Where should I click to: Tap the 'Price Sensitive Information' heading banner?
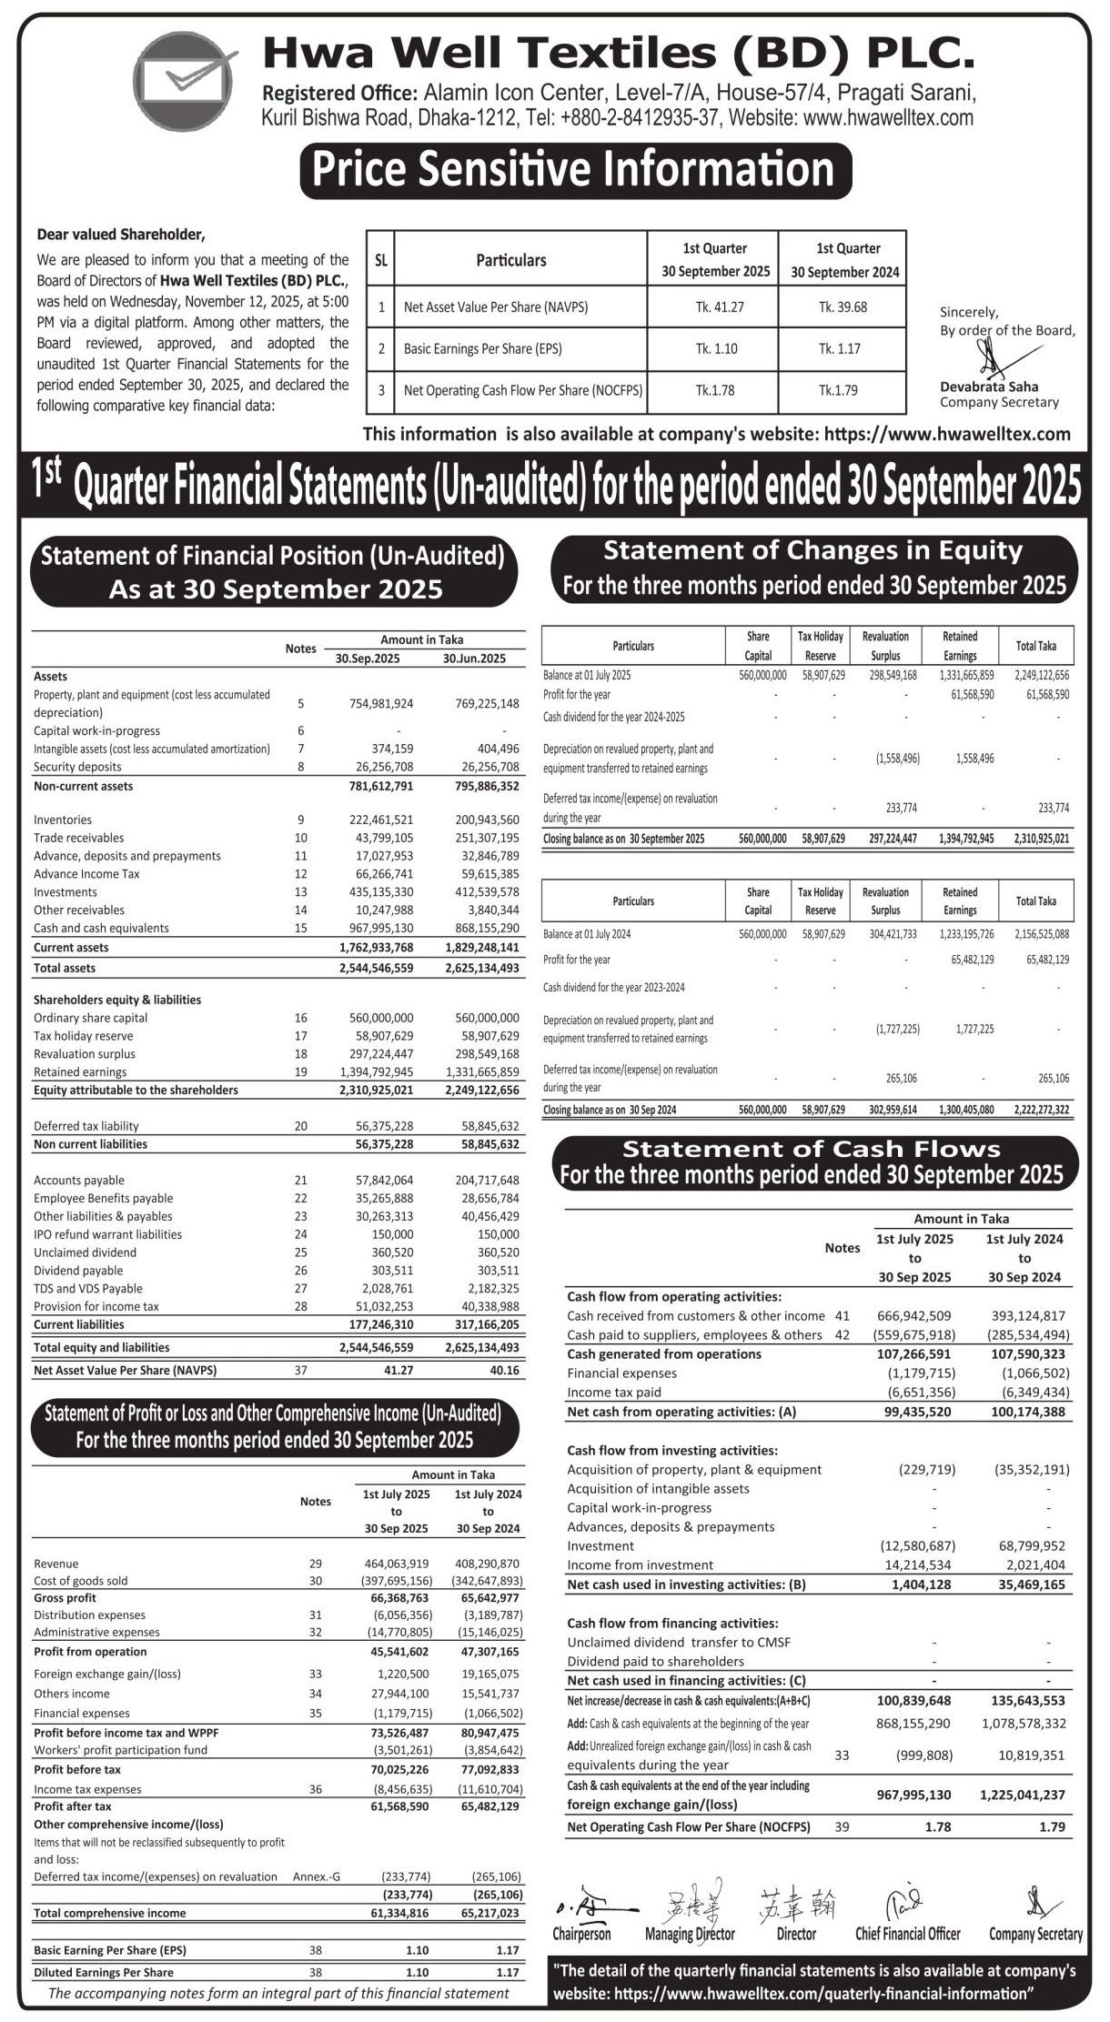point(575,170)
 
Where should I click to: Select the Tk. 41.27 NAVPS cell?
point(714,307)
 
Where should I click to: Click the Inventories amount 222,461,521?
point(381,820)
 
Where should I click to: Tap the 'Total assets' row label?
point(65,968)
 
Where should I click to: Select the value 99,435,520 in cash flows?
point(915,1412)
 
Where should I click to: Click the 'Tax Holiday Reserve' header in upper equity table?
point(821,646)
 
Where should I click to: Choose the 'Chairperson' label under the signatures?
point(581,1933)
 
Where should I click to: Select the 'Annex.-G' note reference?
point(317,1876)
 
